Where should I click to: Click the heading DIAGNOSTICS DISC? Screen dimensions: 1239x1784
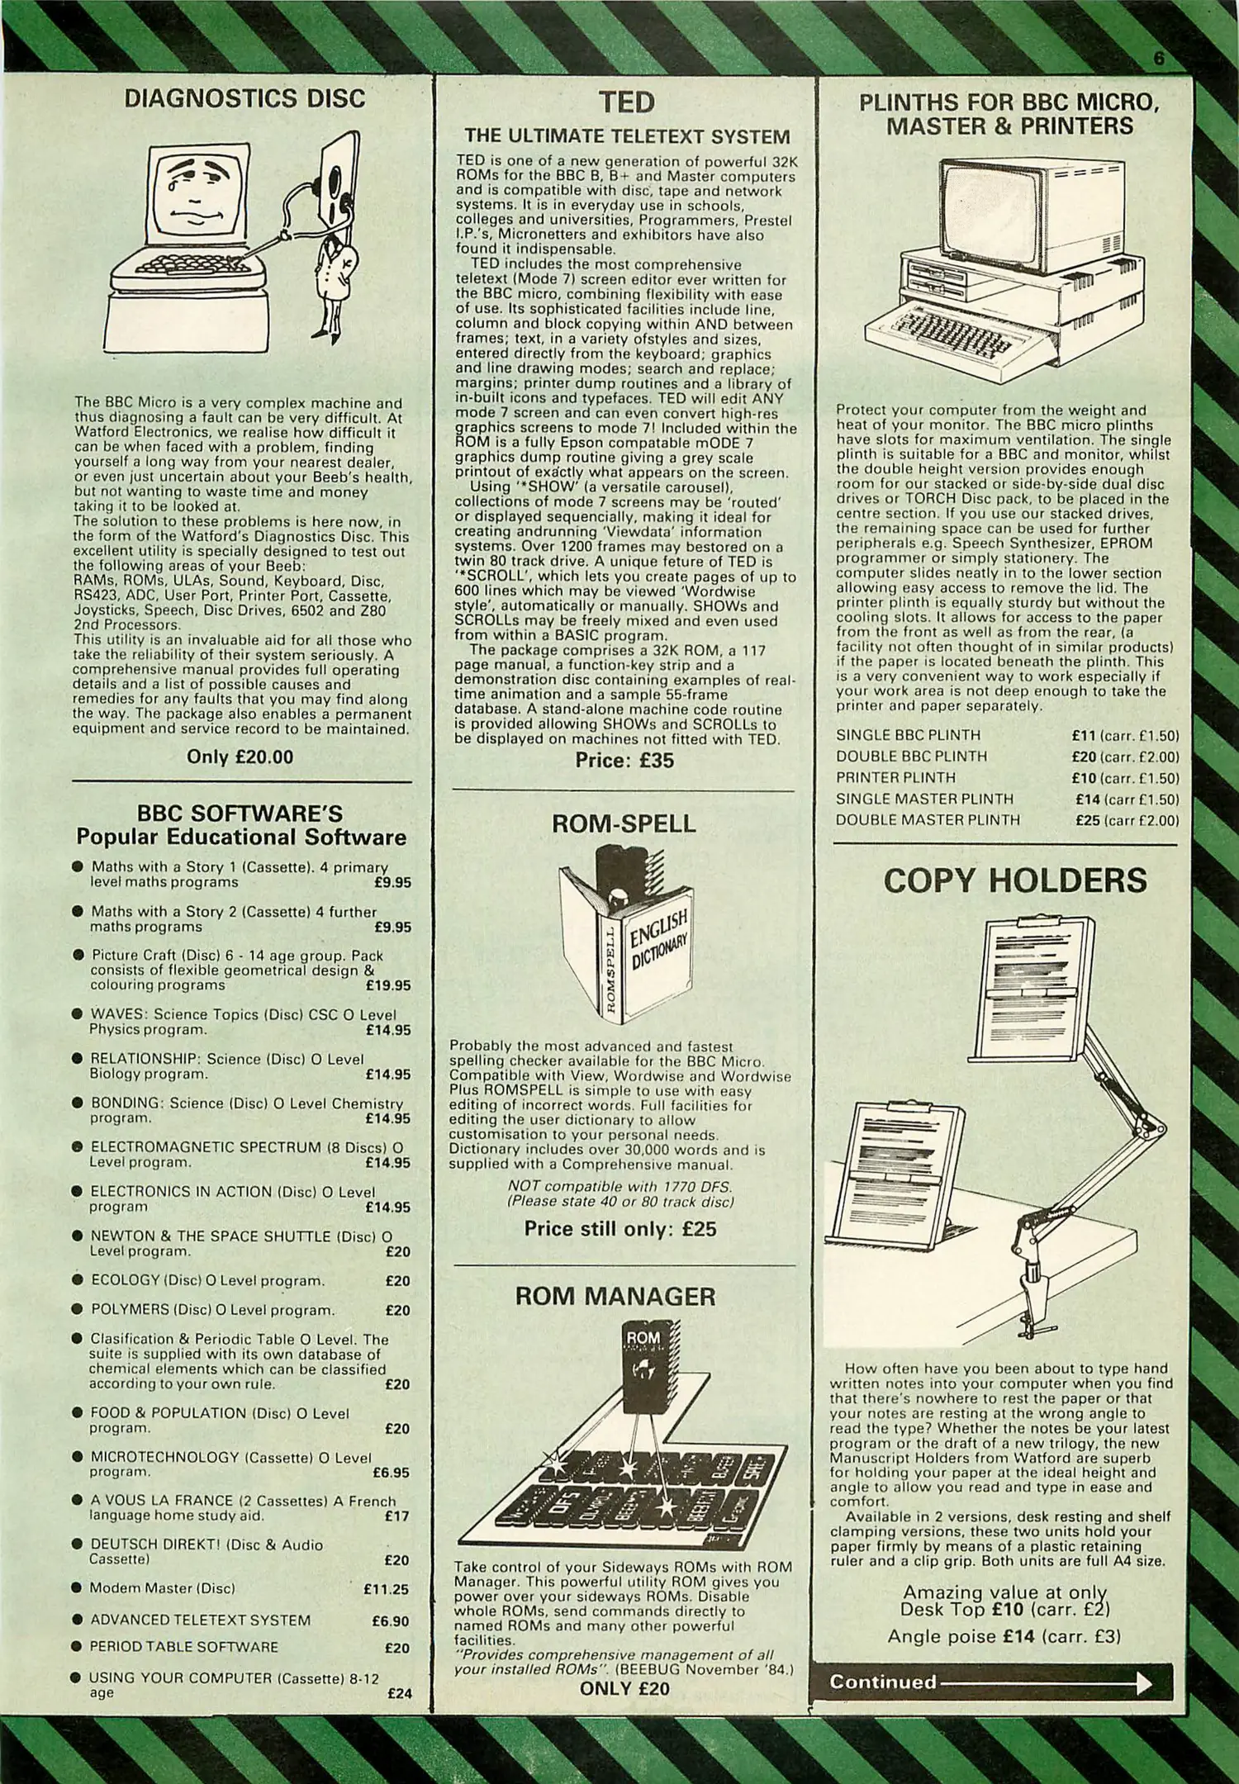[x=244, y=99]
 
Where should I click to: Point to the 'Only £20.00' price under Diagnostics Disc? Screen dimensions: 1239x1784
[x=240, y=757]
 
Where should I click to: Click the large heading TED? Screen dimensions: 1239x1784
[x=626, y=102]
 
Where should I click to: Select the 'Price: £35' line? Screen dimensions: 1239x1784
[x=624, y=760]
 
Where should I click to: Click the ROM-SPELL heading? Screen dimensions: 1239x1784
[x=624, y=823]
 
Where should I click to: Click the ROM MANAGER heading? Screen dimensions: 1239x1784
[x=615, y=1296]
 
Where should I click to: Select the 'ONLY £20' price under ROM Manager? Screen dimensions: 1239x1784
[x=624, y=1689]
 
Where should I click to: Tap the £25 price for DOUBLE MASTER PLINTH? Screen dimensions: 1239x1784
[x=1087, y=820]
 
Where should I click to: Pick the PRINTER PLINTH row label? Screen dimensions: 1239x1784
[x=895, y=777]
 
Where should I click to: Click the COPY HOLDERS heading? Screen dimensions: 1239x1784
[x=1015, y=880]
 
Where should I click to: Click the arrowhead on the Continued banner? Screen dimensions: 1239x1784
[x=1143, y=1683]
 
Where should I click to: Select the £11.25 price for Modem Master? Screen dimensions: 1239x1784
[x=386, y=1588]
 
